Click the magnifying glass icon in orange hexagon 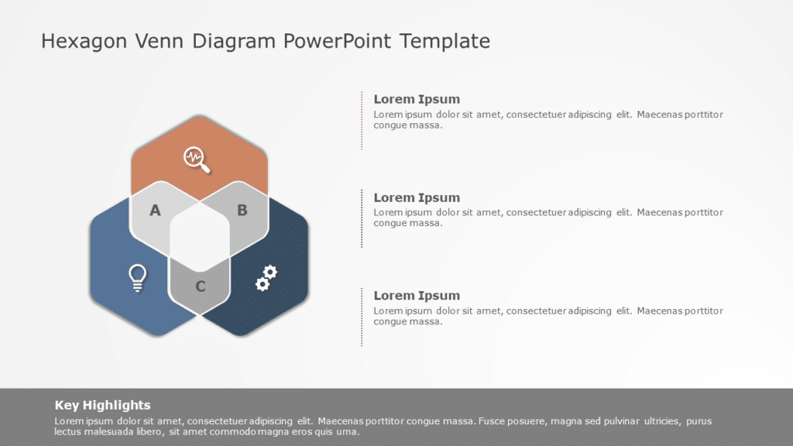point(197,159)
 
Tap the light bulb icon point(137,277)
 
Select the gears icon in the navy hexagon point(266,278)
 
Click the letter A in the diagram point(155,210)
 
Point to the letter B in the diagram point(242,210)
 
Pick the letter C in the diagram point(200,286)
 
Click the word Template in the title point(445,41)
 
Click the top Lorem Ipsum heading point(417,99)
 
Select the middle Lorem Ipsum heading point(417,197)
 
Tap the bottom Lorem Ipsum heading point(417,296)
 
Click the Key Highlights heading point(102,405)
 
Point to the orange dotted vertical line point(362,120)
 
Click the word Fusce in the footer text point(493,421)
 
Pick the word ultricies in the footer point(655,421)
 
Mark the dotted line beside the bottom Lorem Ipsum point(362,317)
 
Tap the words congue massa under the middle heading point(407,223)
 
